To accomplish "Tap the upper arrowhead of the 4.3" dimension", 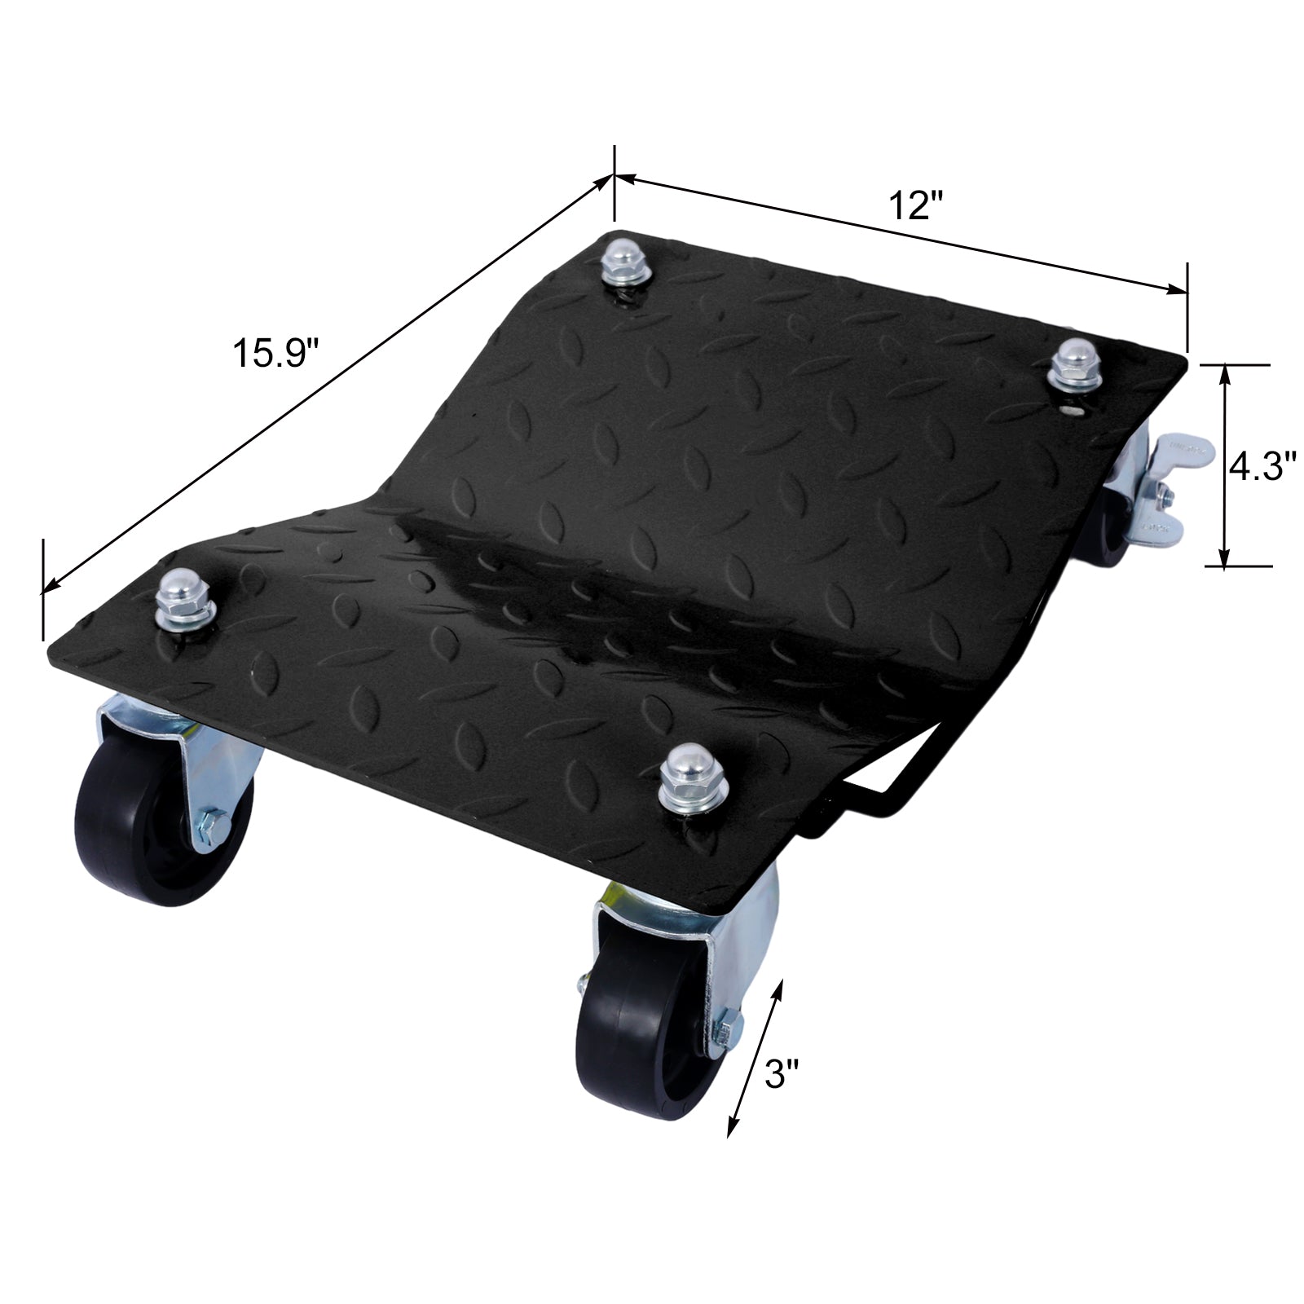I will tap(1224, 374).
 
